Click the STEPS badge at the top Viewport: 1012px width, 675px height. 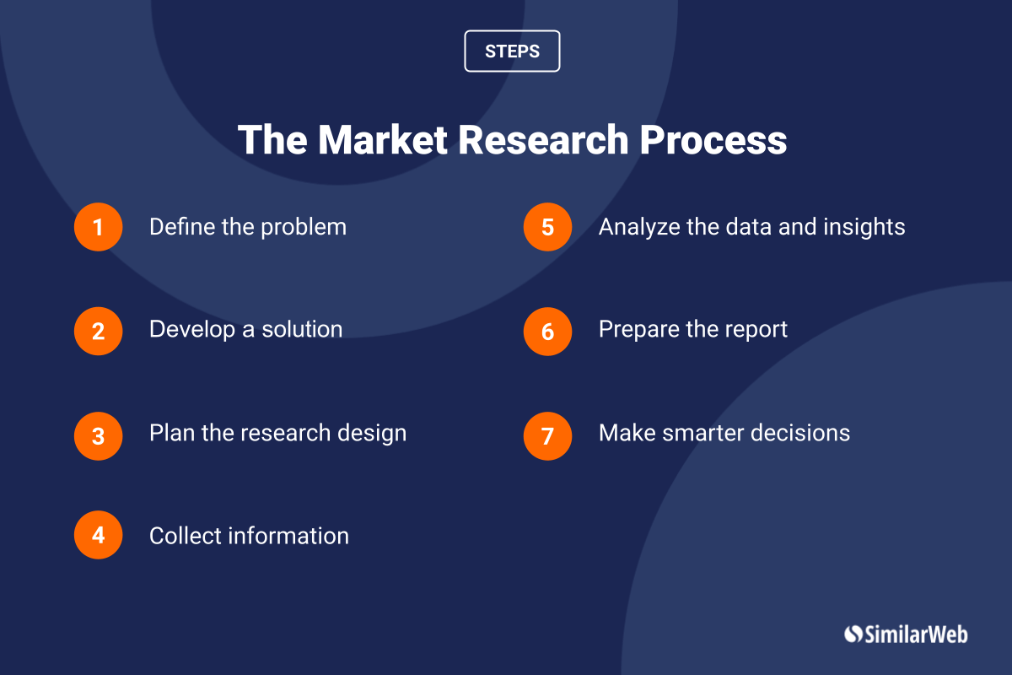pyautogui.click(x=512, y=51)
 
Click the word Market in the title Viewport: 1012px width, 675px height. pyautogui.click(x=383, y=140)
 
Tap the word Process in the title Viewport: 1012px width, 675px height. pyautogui.click(x=713, y=140)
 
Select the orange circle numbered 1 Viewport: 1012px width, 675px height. pyautogui.click(x=99, y=227)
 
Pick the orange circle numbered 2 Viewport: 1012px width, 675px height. pyautogui.click(x=99, y=332)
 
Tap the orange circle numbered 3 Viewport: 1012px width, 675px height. pyautogui.click(x=99, y=436)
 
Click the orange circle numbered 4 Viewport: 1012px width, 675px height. pyautogui.click(x=99, y=535)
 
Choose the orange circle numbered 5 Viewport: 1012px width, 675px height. pyautogui.click(x=547, y=227)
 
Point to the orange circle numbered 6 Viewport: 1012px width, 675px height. pyautogui.click(x=547, y=332)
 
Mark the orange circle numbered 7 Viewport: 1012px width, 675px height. pyautogui.click(x=547, y=436)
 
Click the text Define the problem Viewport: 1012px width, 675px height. pyautogui.click(x=248, y=226)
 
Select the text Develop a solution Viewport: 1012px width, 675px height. pyautogui.click(x=245, y=329)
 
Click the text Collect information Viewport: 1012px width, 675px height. pyautogui.click(x=249, y=536)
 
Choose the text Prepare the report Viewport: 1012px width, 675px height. pyautogui.click(x=693, y=330)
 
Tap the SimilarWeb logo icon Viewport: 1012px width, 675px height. pyautogui.click(x=853, y=634)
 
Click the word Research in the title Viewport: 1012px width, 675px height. pyautogui.click(x=543, y=140)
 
